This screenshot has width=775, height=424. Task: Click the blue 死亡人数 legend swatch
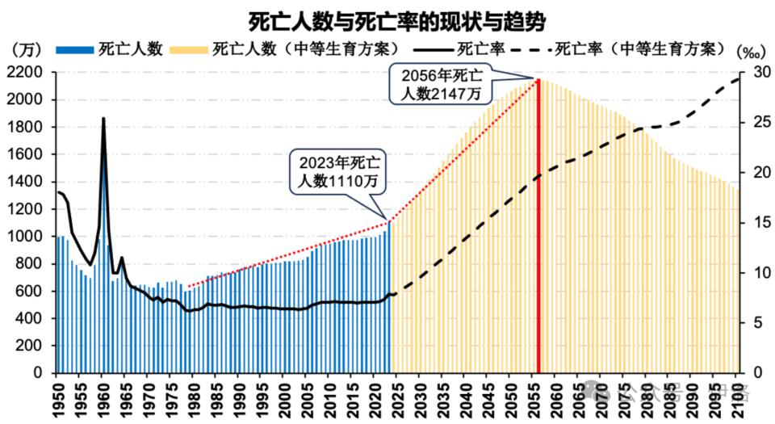pyautogui.click(x=75, y=50)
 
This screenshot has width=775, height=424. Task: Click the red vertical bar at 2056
pyautogui.click(x=538, y=226)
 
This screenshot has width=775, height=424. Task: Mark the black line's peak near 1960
pyautogui.click(x=103, y=119)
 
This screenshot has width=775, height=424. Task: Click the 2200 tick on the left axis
pyautogui.click(x=31, y=73)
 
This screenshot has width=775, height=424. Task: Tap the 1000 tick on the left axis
pyautogui.click(x=31, y=237)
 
